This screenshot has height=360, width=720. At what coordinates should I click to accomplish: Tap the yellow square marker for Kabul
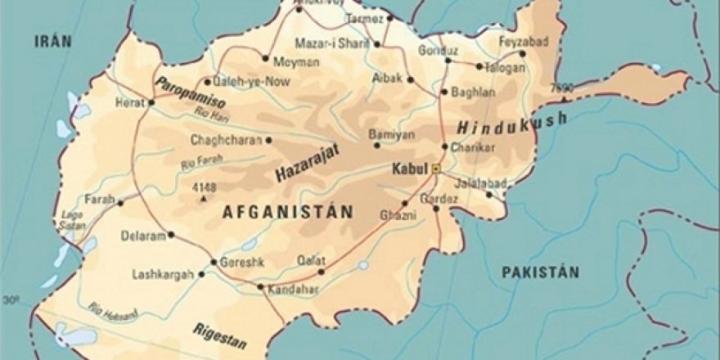click(x=437, y=169)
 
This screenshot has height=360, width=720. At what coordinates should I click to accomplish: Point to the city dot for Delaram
click(x=170, y=235)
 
